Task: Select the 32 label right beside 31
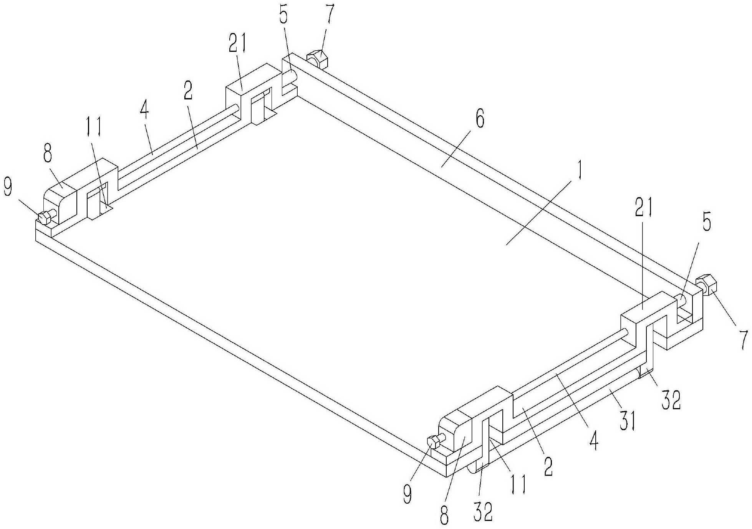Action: click(x=671, y=400)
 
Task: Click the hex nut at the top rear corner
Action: click(x=317, y=59)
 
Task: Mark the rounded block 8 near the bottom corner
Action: click(x=457, y=432)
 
